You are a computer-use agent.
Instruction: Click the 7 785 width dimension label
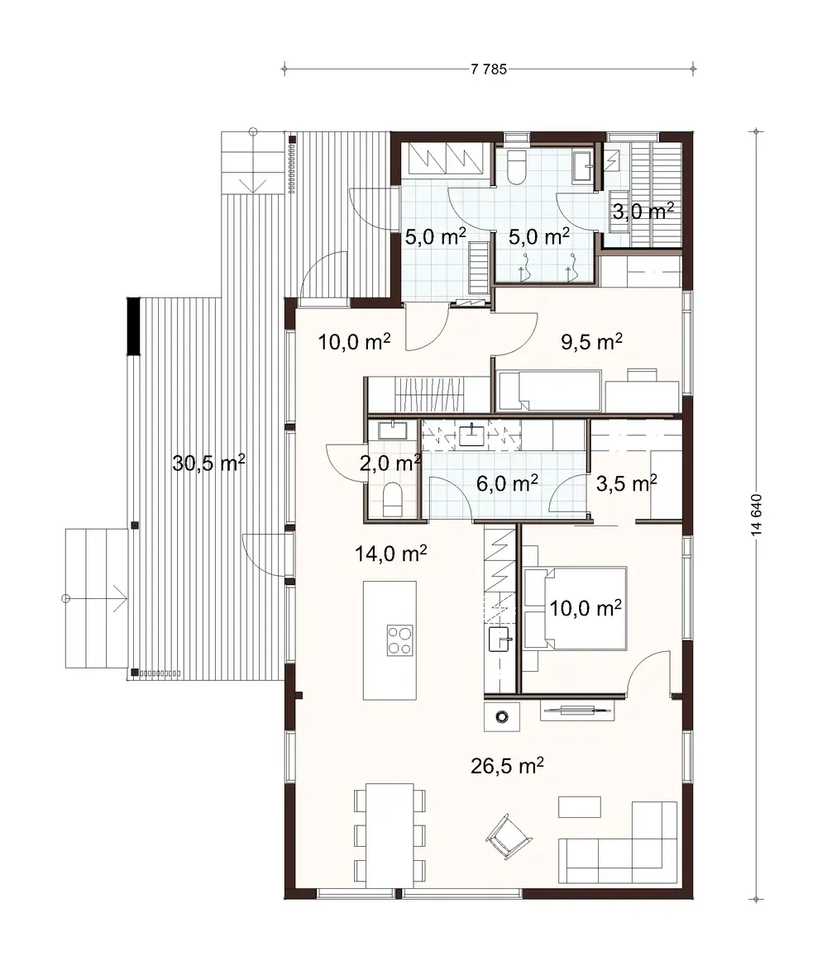pos(488,69)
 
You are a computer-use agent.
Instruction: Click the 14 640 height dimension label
pos(756,516)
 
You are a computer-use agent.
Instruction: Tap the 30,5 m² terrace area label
pos(208,463)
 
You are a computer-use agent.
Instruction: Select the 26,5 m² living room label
pos(507,766)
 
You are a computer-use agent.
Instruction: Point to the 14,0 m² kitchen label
pos(391,554)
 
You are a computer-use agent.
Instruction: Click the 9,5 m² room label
pos(591,341)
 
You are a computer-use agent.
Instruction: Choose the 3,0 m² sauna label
pos(643,212)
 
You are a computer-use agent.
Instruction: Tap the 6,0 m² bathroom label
pos(507,483)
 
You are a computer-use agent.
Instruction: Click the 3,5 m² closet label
pos(626,483)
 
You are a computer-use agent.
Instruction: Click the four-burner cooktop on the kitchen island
pos(399,640)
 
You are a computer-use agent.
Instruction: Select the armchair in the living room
pos(507,836)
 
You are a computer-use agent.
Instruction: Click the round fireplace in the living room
pos(502,716)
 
